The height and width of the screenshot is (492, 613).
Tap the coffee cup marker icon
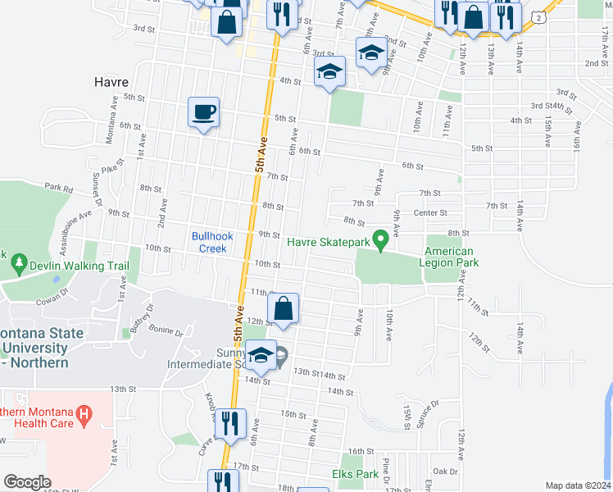(x=203, y=112)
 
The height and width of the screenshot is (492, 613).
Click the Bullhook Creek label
(x=213, y=242)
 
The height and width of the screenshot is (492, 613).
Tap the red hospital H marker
(x=83, y=417)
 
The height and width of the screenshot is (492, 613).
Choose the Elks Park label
(x=356, y=474)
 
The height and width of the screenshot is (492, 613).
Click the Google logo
(x=26, y=482)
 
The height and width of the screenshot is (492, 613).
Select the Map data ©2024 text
(x=578, y=485)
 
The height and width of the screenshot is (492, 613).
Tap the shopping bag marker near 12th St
(x=283, y=309)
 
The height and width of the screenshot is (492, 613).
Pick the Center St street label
(x=429, y=213)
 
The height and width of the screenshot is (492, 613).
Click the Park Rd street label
(x=59, y=188)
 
